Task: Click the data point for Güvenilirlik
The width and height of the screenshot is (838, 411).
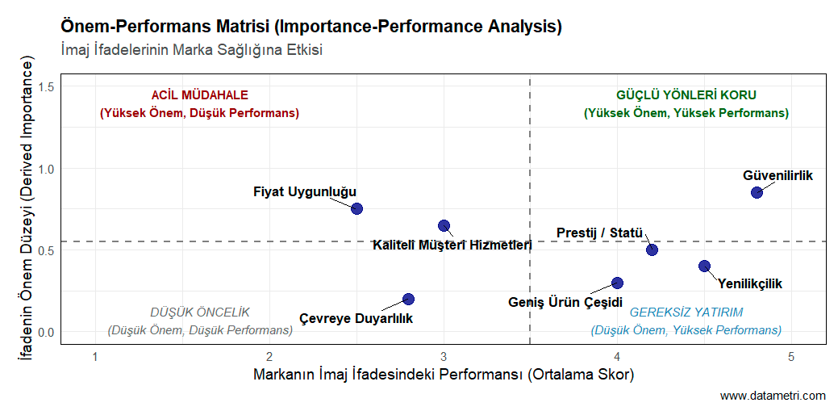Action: pos(757,192)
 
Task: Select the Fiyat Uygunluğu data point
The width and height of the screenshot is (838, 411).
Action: pos(356,208)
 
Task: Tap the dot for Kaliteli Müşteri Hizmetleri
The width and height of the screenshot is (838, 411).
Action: pos(444,226)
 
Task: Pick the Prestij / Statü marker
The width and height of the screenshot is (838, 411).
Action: pos(652,250)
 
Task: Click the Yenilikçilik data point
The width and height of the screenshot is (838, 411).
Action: pos(704,266)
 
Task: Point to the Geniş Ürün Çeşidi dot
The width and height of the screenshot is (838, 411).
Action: pos(617,283)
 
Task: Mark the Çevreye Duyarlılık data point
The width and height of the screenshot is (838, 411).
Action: pos(408,299)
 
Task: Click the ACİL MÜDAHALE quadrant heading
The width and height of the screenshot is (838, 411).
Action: pos(199,94)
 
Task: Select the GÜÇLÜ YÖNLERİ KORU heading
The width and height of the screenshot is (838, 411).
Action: pos(686,94)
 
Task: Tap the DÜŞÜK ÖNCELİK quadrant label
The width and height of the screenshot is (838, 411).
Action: pos(200,312)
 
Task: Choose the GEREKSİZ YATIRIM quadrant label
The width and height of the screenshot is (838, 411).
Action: pos(686,312)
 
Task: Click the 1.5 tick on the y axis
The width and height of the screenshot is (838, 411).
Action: pos(46,87)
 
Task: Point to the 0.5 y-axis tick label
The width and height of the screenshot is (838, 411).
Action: pos(46,250)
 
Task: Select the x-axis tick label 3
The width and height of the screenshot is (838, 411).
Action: pos(444,356)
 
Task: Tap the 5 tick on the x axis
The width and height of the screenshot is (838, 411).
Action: pos(791,356)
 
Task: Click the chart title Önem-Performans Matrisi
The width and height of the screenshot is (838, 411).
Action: pos(311,26)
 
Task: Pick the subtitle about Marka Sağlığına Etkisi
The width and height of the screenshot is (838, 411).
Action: pos(192,50)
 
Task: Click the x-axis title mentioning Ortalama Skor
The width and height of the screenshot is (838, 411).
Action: pos(444,375)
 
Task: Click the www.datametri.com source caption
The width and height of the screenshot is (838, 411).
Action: pos(773,396)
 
